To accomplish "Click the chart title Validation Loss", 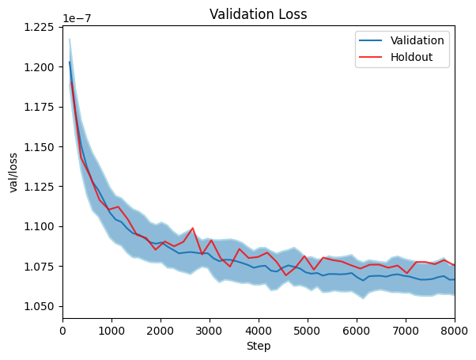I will click(259, 13).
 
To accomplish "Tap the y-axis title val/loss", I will click(13, 170).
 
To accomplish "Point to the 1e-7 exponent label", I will click(76, 17).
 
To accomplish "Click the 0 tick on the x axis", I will click(62, 331).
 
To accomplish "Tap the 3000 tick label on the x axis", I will click(210, 331).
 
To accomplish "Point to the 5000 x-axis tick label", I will click(308, 331).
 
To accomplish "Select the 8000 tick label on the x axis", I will click(454, 331).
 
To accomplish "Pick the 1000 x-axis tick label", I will click(111, 331).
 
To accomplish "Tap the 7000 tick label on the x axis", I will click(406, 331).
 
